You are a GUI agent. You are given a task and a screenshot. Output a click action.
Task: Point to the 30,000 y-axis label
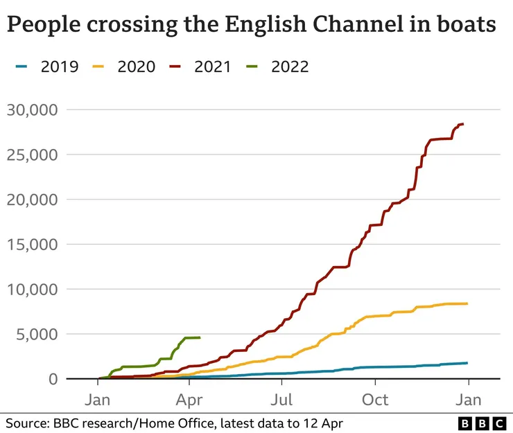coord(33,109)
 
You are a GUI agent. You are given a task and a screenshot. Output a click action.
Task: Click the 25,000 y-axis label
coord(33,154)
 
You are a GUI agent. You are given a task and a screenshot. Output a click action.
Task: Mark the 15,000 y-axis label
coord(33,244)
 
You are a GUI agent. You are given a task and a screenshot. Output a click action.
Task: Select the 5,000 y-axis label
coord(38,334)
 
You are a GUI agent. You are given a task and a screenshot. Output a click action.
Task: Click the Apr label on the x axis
coord(189,400)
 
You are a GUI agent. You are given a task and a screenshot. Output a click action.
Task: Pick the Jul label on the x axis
coord(282,400)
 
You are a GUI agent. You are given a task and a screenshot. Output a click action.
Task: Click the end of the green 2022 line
coord(200,337)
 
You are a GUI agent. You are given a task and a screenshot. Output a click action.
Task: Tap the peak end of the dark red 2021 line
coord(463,124)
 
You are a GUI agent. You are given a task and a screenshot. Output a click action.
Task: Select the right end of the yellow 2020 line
coord(467,303)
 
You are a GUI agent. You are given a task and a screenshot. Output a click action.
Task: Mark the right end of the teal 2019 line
coord(467,363)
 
